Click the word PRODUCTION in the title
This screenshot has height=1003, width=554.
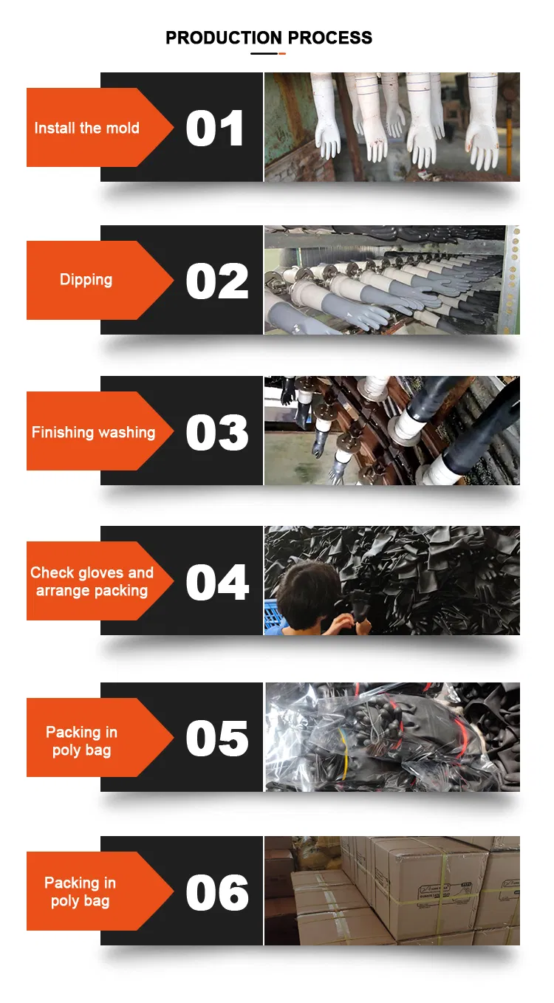click(224, 38)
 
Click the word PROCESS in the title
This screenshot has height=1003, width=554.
click(330, 38)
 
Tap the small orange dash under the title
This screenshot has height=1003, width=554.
click(282, 53)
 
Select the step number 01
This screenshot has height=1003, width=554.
click(214, 129)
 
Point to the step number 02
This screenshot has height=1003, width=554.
click(217, 281)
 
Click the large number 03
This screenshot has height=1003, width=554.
click(217, 432)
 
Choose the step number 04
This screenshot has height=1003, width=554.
click(217, 582)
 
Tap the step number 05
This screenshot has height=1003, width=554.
click(217, 739)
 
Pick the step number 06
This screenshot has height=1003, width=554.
click(217, 892)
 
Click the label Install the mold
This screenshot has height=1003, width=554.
click(87, 128)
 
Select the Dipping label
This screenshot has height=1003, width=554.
click(86, 281)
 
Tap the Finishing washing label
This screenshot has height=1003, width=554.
click(93, 433)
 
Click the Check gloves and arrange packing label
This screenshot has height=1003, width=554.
click(92, 581)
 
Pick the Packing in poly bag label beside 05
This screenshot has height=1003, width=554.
click(81, 741)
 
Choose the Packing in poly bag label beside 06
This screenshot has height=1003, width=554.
click(81, 891)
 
